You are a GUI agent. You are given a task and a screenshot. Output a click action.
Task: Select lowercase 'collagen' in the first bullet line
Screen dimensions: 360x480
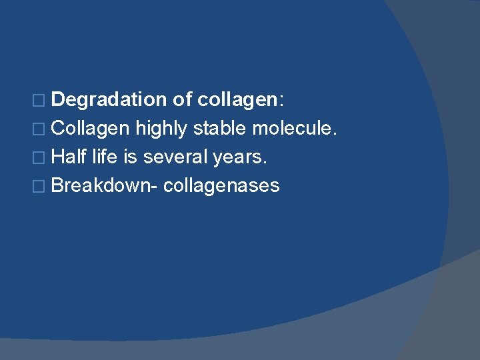237,100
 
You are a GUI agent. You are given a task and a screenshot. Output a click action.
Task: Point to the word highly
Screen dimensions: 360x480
162,129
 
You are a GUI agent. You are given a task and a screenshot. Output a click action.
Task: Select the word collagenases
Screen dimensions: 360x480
221,186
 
